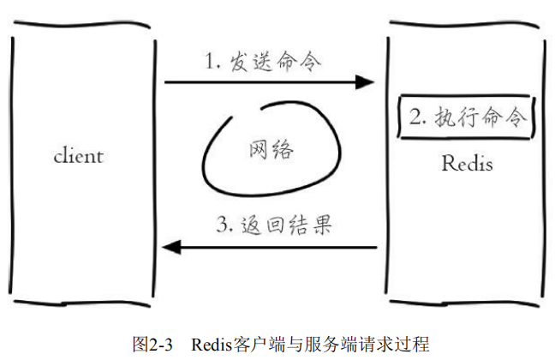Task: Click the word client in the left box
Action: click(78, 157)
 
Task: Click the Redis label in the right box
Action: click(467, 163)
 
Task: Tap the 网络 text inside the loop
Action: click(272, 150)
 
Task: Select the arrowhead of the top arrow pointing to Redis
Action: click(367, 82)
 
